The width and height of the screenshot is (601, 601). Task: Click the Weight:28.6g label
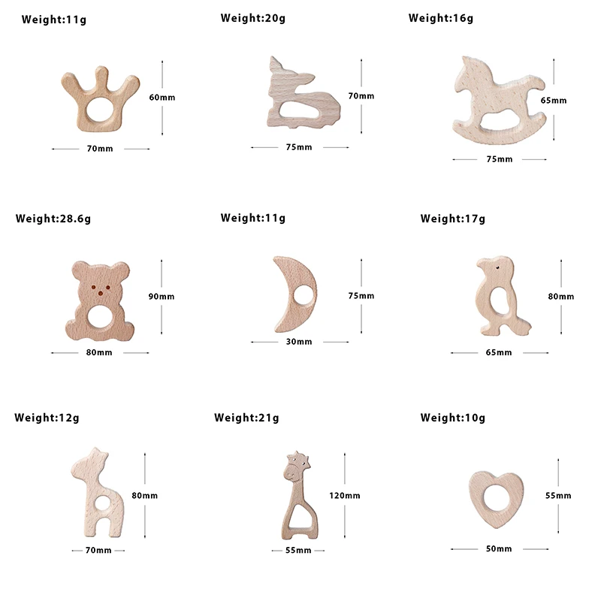(53, 219)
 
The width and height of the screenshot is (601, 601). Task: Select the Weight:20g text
(253, 17)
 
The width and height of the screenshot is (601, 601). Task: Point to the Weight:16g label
(441, 18)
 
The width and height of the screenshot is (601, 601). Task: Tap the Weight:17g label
(453, 219)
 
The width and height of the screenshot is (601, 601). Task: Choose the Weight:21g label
(246, 418)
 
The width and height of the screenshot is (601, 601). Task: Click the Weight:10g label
(453, 418)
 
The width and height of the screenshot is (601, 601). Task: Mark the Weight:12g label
(47, 418)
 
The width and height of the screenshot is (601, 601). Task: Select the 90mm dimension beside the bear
(162, 297)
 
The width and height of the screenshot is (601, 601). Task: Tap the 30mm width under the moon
(298, 342)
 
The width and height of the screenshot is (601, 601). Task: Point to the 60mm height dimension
(162, 98)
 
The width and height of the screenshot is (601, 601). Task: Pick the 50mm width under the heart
(498, 549)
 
